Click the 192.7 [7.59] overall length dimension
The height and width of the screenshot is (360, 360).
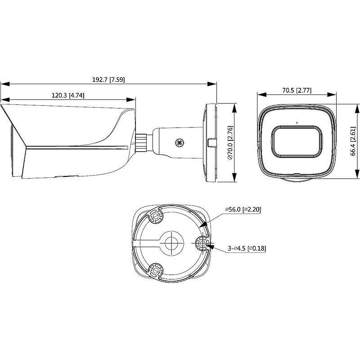[108, 79]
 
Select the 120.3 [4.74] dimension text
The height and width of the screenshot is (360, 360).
[68, 95]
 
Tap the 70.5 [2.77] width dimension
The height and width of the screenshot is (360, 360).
[297, 90]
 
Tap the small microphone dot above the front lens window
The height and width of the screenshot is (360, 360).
[297, 122]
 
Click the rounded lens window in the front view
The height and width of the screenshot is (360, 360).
[297, 142]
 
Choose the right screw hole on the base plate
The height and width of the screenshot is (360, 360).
[201, 244]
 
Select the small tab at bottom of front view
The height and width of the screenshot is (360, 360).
[297, 173]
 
